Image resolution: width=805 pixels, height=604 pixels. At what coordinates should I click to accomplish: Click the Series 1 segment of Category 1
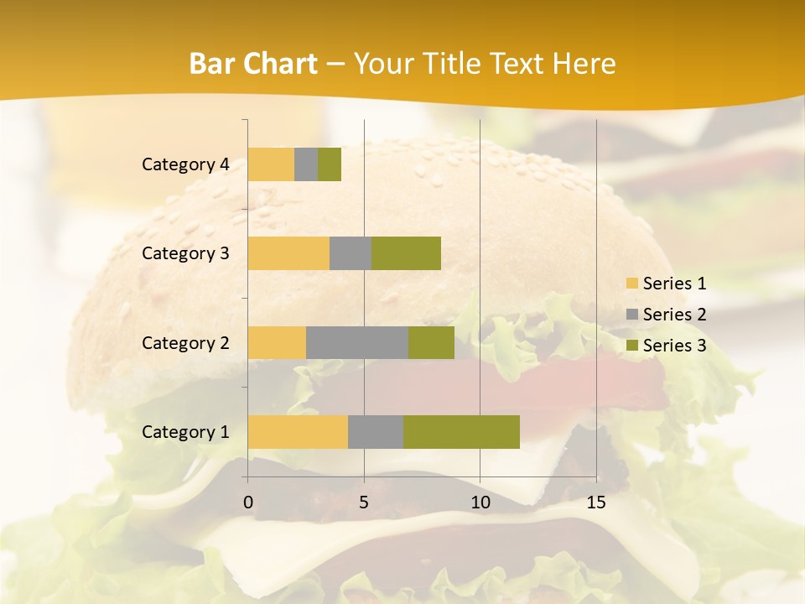pos(298,431)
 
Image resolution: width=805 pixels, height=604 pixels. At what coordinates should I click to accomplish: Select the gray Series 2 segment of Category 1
pos(376,431)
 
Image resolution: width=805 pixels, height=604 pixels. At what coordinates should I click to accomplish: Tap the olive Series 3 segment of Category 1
pos(461,431)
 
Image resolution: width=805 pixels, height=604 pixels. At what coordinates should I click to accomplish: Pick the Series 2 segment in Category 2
pos(357,342)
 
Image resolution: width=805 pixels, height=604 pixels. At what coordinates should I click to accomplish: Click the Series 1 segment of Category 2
pos(277,342)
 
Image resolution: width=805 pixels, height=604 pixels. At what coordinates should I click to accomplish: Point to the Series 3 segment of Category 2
pos(431,342)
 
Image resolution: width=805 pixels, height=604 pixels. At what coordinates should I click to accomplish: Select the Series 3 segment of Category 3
pos(406,253)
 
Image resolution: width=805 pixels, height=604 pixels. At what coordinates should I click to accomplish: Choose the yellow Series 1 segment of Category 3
pos(288,253)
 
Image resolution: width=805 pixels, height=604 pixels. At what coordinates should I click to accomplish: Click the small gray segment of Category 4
pos(306,164)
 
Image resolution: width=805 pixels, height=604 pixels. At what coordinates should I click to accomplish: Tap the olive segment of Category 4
pos(330,164)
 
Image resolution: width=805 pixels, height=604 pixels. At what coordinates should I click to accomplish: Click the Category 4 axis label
pos(185,164)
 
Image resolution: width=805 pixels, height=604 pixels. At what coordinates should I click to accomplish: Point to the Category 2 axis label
pos(185,342)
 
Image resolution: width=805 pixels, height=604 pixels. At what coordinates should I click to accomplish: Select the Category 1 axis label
pos(185,432)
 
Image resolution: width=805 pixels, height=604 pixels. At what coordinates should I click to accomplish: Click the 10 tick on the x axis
pos(480,502)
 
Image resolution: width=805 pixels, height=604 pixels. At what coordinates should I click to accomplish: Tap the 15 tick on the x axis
pos(595,502)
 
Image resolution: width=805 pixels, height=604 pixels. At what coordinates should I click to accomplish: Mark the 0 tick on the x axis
pos(248,502)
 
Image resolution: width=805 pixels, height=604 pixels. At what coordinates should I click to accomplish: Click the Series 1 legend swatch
pos(631,284)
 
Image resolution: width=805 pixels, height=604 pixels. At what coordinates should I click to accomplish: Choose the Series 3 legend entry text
pos(674,346)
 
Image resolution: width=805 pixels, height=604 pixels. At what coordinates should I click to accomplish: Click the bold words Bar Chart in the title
pos(253,64)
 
